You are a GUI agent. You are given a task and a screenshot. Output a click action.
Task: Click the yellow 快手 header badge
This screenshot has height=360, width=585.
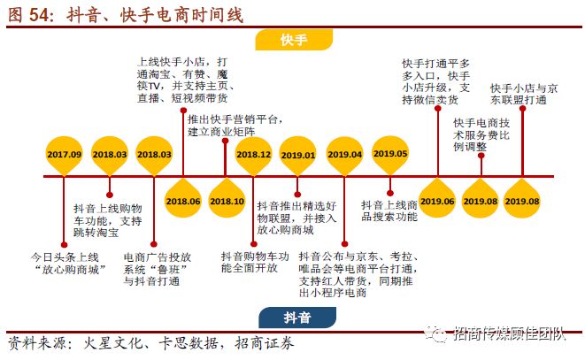292,41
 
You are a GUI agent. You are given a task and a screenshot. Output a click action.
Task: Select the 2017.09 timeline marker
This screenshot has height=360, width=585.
65,153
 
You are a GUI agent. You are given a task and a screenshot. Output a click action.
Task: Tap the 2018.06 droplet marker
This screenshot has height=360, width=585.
183,200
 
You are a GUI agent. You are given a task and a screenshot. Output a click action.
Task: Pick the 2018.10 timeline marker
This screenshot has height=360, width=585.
227,200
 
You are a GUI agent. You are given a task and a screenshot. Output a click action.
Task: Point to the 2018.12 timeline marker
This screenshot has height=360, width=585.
254,153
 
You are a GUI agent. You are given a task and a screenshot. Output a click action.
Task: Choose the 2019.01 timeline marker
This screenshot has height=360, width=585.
298,153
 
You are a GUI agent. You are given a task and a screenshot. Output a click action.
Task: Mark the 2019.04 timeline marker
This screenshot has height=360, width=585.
345,153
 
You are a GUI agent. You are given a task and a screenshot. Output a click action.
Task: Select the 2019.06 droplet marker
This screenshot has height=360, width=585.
437,200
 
